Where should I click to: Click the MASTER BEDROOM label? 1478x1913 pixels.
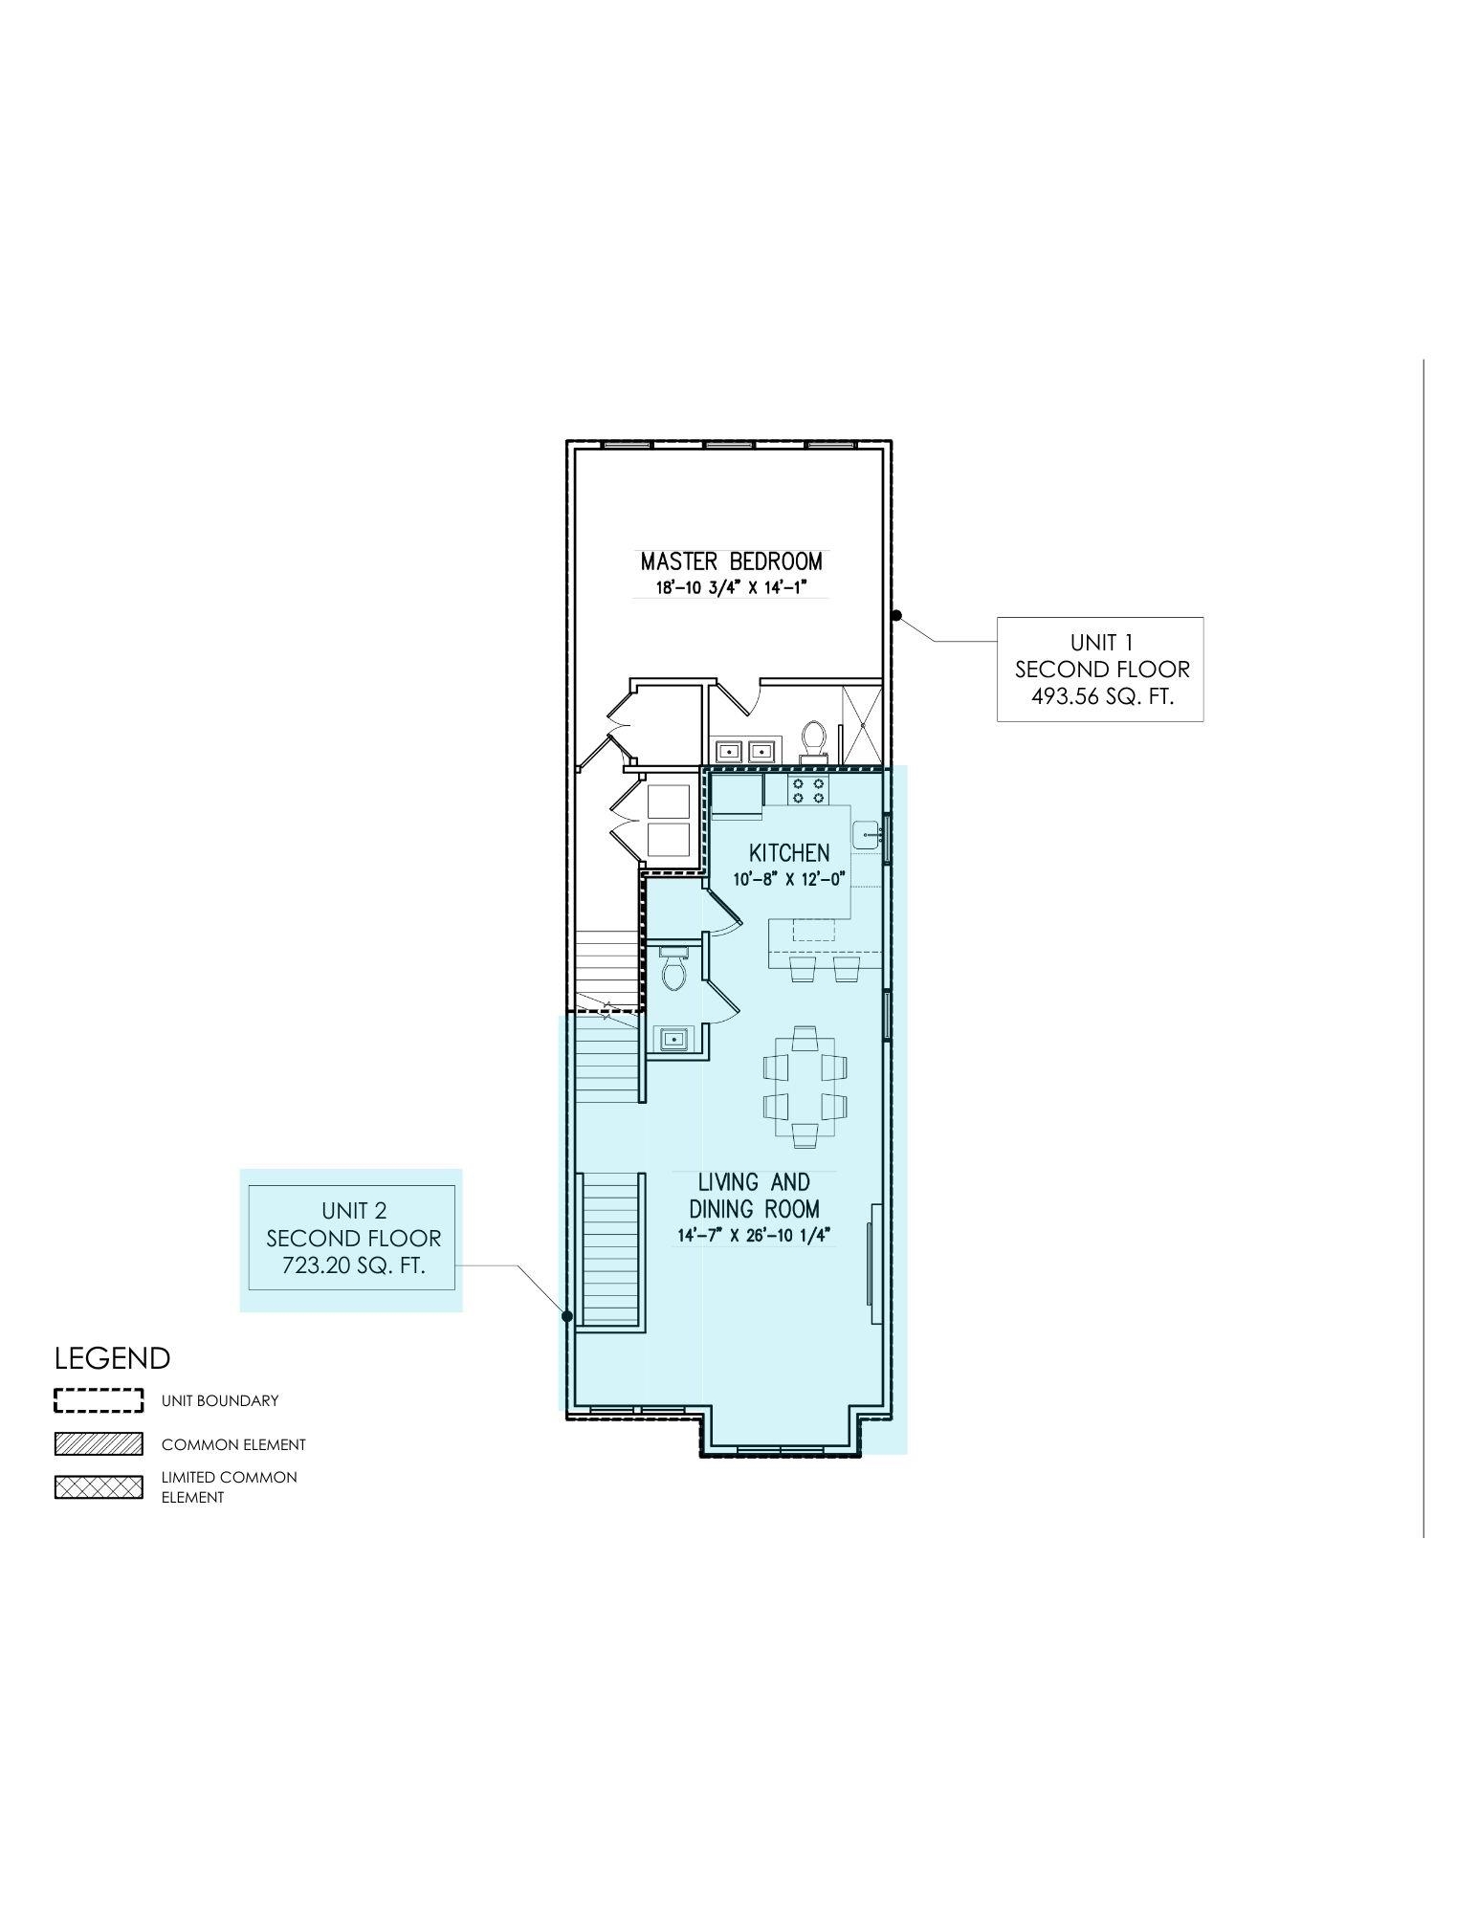click(x=731, y=561)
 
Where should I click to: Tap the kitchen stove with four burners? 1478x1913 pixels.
click(x=809, y=790)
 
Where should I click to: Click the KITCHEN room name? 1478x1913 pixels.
click(x=788, y=852)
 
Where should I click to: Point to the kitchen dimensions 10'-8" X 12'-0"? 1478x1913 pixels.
click(x=788, y=880)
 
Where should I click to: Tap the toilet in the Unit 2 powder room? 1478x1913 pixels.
click(x=674, y=971)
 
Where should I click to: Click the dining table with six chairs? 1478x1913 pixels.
click(x=805, y=1086)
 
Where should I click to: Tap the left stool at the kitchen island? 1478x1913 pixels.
click(x=802, y=970)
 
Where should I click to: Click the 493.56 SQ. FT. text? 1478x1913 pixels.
click(x=1101, y=696)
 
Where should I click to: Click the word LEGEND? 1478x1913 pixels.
click(x=112, y=1358)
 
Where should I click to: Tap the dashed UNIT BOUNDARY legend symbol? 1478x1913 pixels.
click(x=99, y=1400)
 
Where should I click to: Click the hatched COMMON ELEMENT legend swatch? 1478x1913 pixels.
click(x=99, y=1444)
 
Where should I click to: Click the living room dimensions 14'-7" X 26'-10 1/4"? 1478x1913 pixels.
click(x=756, y=1235)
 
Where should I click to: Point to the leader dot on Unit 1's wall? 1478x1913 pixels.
click(x=896, y=615)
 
